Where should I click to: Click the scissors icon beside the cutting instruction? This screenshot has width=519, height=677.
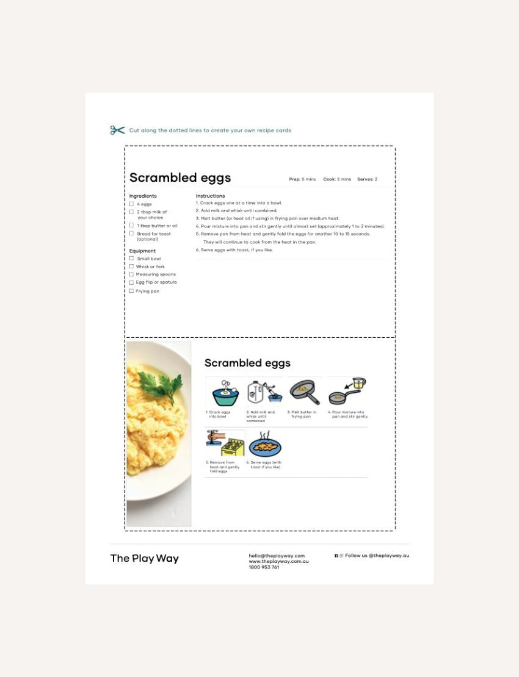pos(117,130)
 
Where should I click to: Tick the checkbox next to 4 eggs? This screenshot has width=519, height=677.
pos(131,204)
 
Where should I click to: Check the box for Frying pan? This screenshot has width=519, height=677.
pos(131,291)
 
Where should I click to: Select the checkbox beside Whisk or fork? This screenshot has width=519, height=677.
pos(131,267)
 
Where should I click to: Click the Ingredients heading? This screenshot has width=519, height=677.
pos(143,196)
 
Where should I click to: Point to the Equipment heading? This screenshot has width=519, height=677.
pos(142,251)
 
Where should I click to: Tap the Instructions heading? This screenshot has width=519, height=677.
pos(210,196)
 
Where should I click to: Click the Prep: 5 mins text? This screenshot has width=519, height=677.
pos(302,179)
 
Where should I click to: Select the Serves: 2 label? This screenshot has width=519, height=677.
pos(367,179)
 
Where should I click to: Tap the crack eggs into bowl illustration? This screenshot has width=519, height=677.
pos(225,392)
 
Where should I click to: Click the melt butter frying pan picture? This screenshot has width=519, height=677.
pos(304,392)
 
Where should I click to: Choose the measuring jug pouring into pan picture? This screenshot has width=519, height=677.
pos(347,391)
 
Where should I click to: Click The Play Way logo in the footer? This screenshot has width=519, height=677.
pos(145,558)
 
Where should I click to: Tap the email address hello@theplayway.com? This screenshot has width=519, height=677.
pos(277,556)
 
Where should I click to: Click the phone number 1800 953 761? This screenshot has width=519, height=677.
pos(264,567)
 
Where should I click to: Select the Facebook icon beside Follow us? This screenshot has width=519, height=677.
pos(336,556)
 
